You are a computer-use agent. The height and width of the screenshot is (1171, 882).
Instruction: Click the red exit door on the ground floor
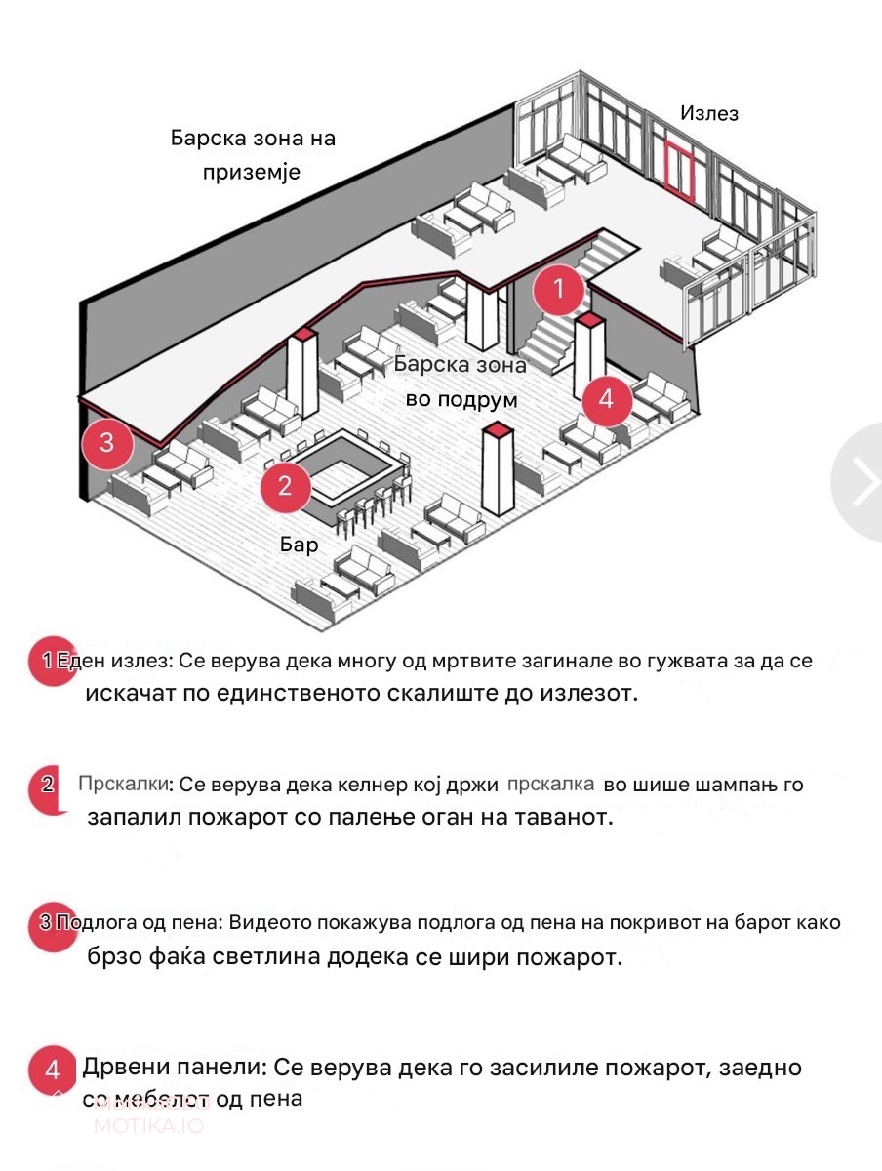(x=679, y=171)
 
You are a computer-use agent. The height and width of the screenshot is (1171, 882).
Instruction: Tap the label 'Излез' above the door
(x=709, y=114)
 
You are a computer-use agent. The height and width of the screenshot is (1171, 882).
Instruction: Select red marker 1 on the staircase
(x=559, y=289)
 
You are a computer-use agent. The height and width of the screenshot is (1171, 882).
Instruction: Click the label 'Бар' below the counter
(x=300, y=545)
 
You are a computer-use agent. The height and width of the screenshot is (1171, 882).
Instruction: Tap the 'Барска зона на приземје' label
(x=253, y=155)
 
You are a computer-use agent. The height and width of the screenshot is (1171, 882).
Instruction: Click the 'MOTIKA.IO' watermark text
(x=148, y=1125)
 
